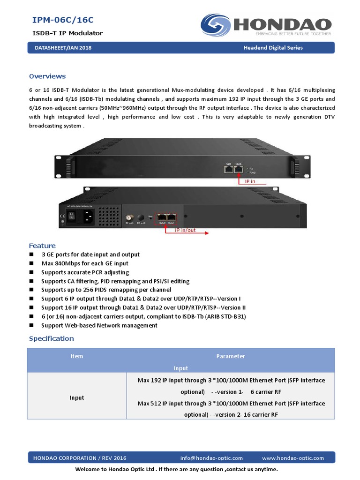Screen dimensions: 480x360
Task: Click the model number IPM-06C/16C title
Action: point(63,20)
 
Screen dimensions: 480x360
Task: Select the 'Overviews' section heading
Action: point(47,76)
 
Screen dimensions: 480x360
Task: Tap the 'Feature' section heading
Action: point(42,246)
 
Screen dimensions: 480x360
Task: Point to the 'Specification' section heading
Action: point(52,338)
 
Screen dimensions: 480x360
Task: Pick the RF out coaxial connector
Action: point(128,218)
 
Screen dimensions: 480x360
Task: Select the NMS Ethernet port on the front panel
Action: point(229,169)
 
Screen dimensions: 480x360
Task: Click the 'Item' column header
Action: point(77,356)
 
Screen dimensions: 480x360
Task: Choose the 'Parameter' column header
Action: point(231,356)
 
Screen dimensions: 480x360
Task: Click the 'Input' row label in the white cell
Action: point(77,397)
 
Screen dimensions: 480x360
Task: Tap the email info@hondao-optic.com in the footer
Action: point(211,458)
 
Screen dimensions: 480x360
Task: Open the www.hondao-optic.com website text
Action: point(293,458)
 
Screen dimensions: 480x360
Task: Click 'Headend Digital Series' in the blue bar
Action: point(273,48)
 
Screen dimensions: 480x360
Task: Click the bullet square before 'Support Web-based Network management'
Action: point(31,325)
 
